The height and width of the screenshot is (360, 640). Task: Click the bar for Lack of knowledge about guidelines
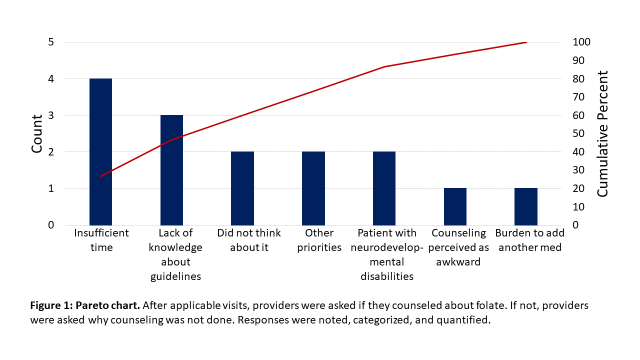(171, 170)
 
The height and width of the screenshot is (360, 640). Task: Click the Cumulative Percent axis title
(603, 134)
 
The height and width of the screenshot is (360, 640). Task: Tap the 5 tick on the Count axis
(51, 42)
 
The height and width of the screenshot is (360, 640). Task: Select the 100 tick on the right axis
(581, 42)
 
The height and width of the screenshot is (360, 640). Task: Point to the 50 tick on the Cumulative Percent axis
(579, 133)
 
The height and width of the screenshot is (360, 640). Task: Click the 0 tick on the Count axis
(51, 225)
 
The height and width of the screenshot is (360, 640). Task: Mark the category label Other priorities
(319, 240)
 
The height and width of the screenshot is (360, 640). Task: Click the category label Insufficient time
(101, 240)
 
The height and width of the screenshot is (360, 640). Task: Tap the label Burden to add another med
(529, 240)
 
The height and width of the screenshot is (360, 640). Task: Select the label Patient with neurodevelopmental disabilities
(387, 254)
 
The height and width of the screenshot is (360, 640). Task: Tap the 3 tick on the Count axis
(51, 115)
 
